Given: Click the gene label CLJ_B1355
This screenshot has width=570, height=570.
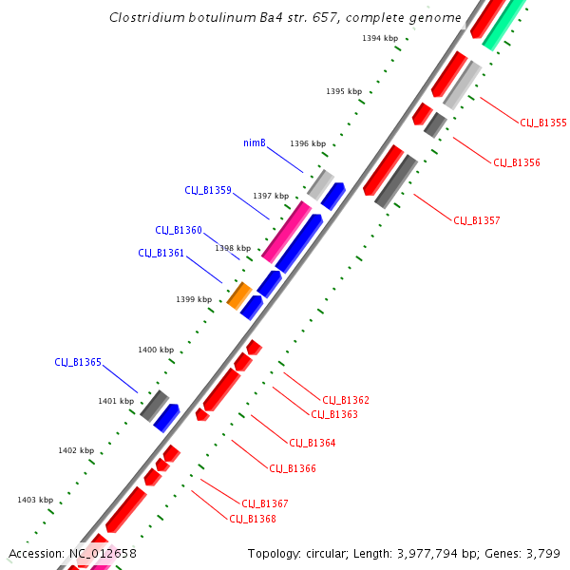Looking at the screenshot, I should pyautogui.click(x=542, y=123).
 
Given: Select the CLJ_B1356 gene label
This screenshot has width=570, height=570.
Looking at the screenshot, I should pyautogui.click(x=516, y=162).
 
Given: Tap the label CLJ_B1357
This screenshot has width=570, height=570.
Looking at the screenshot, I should pyautogui.click(x=476, y=220).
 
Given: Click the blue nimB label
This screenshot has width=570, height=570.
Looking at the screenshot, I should pyautogui.click(x=254, y=143).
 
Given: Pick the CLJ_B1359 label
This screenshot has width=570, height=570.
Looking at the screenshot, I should pyautogui.click(x=208, y=190).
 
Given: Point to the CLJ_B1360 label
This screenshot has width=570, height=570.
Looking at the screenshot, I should pyautogui.click(x=179, y=230).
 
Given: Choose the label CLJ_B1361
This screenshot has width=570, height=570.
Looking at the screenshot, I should pyautogui.click(x=161, y=253).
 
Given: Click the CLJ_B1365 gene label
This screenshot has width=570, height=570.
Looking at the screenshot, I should pyautogui.click(x=78, y=362).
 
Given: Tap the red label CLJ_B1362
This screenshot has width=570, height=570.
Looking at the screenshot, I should pyautogui.click(x=346, y=400).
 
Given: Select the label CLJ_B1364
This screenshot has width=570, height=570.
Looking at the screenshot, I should pyautogui.click(x=312, y=443).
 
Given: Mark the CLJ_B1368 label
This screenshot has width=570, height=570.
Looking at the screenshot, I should pyautogui.click(x=253, y=519).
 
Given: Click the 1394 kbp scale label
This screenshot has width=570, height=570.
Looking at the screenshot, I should pyautogui.click(x=380, y=38).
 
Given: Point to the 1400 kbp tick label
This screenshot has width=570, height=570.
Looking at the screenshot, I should pyautogui.click(x=156, y=350).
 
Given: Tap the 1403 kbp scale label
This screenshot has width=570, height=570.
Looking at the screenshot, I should pyautogui.click(x=35, y=500).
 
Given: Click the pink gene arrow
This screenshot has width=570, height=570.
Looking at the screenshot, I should pyautogui.click(x=287, y=232).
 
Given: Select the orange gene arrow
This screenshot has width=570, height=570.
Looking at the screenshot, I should pyautogui.click(x=238, y=295).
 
